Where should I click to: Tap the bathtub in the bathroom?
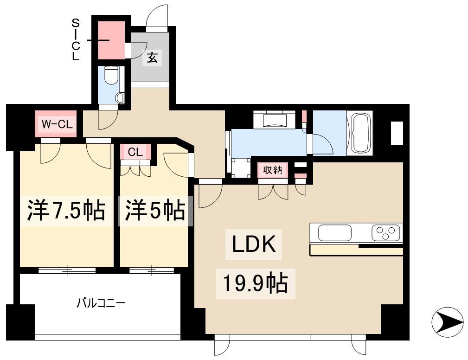coord(360,133)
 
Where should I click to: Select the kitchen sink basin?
coord(334,233)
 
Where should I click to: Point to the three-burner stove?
coord(385,232)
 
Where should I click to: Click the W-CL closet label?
coord(57,124)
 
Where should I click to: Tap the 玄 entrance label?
coord(152,58)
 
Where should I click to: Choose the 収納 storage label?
coord(273,170)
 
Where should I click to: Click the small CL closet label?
coord(135,152)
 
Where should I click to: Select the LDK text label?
coord(254,244)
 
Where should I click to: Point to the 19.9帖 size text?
coord(256,283)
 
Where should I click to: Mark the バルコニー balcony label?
coord(101,303)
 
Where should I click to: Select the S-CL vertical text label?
coord(76,40)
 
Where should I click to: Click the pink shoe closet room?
coord(112,40)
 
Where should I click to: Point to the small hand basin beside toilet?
coord(121,97)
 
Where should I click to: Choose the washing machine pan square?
coord(241,168)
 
